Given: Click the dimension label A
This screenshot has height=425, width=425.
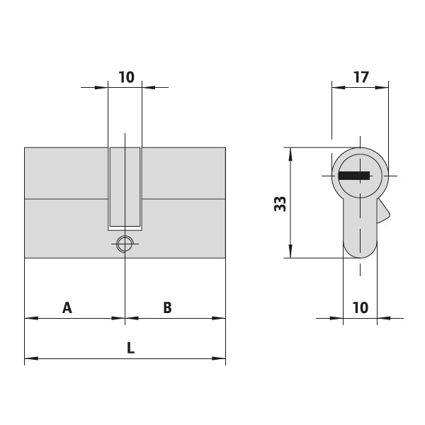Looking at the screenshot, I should point(67,307).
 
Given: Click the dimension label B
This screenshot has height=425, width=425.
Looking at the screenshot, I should point(167,307).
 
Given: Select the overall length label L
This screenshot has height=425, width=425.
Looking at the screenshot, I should point(130,348).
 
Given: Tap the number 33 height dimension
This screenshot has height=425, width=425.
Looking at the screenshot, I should point(280,204).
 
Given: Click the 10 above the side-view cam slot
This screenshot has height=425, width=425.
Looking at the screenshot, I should point(126,77).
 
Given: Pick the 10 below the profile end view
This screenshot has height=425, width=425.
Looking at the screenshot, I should point(360,307).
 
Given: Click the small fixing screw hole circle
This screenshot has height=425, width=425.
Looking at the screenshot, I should point(125,244).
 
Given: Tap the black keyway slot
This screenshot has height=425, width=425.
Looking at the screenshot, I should point(355,175).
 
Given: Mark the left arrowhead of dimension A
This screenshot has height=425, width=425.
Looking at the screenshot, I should point(28,319).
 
